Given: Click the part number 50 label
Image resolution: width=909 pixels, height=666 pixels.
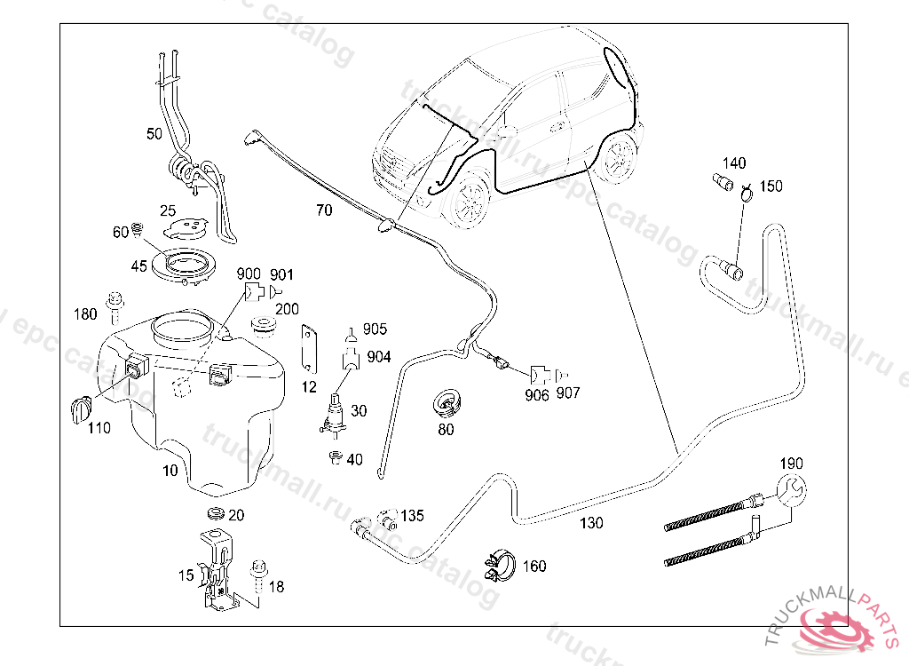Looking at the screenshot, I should tap(154, 134).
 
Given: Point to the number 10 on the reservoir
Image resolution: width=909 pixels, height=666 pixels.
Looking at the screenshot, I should tap(170, 471).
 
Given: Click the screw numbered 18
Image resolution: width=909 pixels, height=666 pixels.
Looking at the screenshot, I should tap(259, 574).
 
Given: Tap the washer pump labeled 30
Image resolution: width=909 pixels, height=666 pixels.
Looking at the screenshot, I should tap(336, 416).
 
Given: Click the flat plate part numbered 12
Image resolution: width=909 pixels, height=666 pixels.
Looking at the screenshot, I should tap(309, 347).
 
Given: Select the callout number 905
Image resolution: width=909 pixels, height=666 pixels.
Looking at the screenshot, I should tap(375, 329).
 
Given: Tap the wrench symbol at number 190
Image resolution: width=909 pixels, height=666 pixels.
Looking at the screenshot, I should tap(790, 490).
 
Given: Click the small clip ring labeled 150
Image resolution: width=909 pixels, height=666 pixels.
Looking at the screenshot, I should tap(747, 190).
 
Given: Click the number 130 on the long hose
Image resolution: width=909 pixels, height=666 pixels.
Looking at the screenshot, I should tap(591, 523).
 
